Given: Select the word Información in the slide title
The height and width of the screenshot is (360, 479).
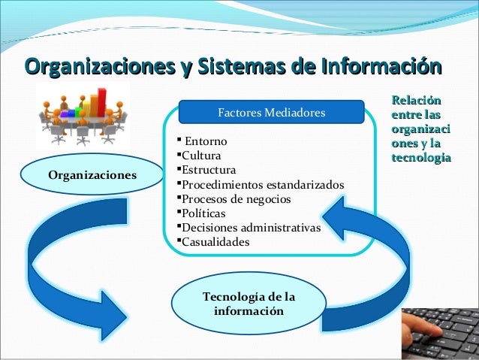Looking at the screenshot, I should pos(379,65).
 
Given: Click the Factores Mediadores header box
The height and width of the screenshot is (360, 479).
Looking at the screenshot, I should pos(271,113).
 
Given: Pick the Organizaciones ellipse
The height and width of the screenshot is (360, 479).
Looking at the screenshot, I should pos(92,175).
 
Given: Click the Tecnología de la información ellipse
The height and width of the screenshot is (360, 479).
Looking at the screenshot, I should pos(249,304).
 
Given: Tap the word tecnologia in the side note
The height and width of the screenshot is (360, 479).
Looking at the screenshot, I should pos(420,158).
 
